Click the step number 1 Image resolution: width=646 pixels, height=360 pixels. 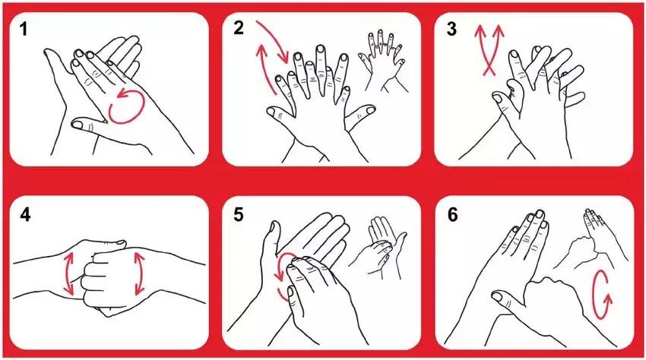point(24,29)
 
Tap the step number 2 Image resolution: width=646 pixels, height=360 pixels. point(239,28)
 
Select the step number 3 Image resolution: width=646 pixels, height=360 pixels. point(451,29)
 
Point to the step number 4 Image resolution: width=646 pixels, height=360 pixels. point(25,215)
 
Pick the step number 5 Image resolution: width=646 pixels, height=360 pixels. point(239,215)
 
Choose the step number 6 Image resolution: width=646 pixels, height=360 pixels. point(452,215)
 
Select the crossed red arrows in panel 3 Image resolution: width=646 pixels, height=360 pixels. point(489,50)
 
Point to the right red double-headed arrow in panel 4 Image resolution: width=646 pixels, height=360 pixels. point(139,274)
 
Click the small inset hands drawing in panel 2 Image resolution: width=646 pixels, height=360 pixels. point(382,60)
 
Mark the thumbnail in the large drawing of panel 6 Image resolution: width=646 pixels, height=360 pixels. point(498,295)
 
